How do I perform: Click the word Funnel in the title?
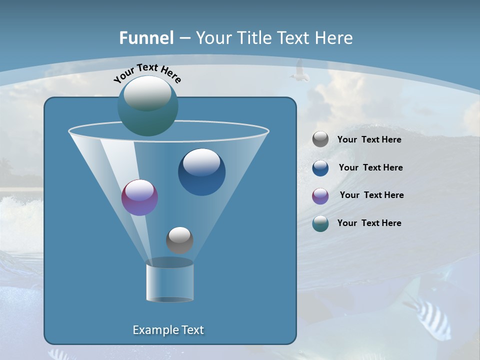point(146,38)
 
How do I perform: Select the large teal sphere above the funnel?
point(147,105)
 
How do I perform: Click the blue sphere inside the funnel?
point(201,172)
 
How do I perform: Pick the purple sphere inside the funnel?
point(139,197)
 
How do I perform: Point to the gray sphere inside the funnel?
point(179,240)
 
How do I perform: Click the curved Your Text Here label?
point(147,73)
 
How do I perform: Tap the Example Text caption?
point(168,330)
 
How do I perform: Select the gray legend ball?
point(320,139)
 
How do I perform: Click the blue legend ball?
point(320,168)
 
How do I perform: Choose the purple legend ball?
point(320,196)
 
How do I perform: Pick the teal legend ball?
point(320,223)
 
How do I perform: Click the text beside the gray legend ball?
point(369,140)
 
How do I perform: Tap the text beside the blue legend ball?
point(370,168)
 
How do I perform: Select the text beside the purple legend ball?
point(371,195)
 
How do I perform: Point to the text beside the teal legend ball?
point(369,223)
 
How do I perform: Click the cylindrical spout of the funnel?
point(169,281)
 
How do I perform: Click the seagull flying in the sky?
point(299,71)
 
